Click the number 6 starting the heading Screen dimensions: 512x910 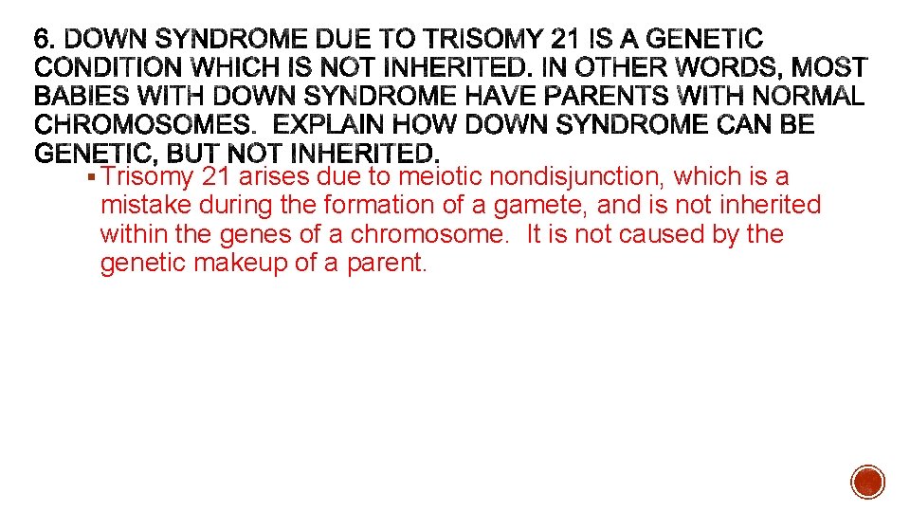43,40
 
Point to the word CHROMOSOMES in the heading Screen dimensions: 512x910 137,125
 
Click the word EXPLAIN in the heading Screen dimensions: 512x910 334,125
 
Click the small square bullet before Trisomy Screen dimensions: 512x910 89,177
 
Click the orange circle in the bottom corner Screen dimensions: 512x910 867,481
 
